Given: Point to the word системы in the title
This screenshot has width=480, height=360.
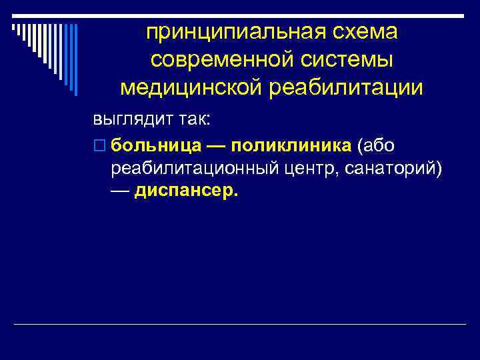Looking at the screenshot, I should click(352, 59).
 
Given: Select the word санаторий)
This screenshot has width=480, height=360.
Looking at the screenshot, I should click(393, 169).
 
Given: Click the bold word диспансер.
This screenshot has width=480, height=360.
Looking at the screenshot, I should click(185, 192).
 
